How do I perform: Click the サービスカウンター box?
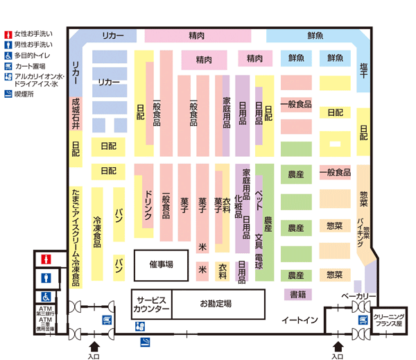coord(151,303)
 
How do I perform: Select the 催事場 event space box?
coord(161,264)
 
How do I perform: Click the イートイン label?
coord(299,320)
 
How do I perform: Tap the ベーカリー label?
coord(358,297)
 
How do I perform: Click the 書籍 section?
coord(298,294)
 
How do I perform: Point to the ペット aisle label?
coord(259,185)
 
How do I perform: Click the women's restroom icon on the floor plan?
coord(46,259)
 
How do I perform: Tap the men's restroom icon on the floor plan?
coord(46,277)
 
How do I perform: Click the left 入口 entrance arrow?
coord(95,345)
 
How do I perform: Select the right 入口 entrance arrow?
coord(337,345)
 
